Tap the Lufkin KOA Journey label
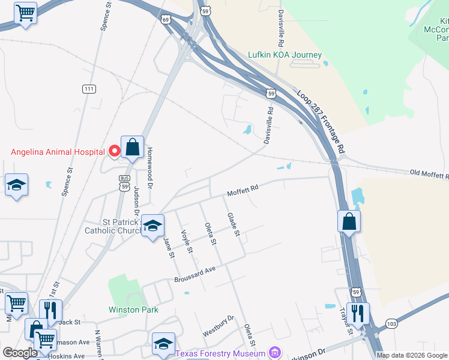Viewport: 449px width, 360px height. tap(285, 55)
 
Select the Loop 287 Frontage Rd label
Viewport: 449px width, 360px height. tap(322, 120)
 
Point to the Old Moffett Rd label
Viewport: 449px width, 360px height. tap(429, 175)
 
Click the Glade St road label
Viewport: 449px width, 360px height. tap(233, 224)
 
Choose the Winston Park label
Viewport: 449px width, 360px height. tap(133, 310)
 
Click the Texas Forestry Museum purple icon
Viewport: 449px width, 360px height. tap(275, 352)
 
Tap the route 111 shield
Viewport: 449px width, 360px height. tap(89, 89)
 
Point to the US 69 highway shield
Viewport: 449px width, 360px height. tap(166, 19)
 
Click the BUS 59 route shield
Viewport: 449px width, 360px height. tap(124, 182)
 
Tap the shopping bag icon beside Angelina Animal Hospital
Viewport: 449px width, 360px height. tap(132, 146)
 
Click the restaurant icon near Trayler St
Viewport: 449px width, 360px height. tap(358, 313)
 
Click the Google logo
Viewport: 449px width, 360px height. tap(20, 353)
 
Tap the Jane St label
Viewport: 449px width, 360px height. tap(169, 247)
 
